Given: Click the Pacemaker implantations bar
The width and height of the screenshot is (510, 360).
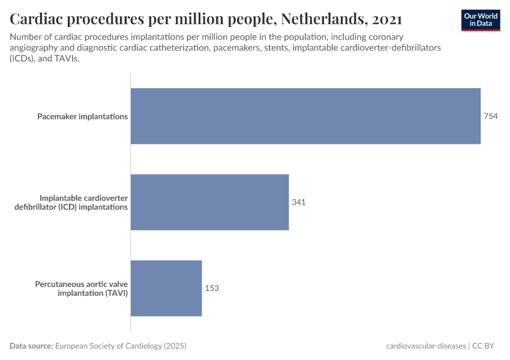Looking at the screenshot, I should (305, 116).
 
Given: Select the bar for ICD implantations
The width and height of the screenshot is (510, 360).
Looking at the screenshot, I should (209, 202).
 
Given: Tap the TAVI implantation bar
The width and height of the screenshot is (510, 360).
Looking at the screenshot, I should (166, 288).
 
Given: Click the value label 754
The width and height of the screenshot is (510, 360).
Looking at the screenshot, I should (491, 116).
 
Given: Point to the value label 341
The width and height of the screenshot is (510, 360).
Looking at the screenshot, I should (299, 202).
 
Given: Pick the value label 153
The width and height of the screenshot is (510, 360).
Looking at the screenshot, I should (212, 288).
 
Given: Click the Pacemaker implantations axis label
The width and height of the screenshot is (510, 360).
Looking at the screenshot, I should (82, 116).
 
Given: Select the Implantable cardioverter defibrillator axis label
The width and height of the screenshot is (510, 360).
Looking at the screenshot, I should (83, 202).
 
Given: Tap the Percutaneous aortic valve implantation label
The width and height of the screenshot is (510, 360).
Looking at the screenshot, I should (82, 288).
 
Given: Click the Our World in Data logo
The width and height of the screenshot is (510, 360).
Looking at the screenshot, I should (481, 20).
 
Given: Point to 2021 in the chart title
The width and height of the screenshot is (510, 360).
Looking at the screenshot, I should (387, 19).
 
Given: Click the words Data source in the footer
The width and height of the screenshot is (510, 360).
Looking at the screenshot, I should (31, 346).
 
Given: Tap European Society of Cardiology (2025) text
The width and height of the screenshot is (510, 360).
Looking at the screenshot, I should (121, 346).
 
